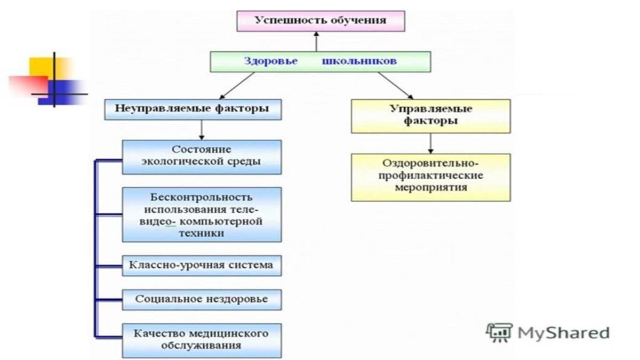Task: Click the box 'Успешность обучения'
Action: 321,21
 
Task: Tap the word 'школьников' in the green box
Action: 359,61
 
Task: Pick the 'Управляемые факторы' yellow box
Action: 430,115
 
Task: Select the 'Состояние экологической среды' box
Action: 202,156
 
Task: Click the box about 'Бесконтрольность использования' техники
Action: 202,214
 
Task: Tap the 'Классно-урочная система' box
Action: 202,265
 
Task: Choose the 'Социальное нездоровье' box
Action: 202,299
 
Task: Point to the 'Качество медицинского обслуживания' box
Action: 202,340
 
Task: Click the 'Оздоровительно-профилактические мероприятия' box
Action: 430,177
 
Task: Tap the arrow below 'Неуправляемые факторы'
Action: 201,130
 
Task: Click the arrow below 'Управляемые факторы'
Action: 430,142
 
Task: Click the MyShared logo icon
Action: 499,333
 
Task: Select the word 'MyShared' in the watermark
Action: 563,333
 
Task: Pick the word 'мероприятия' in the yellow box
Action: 430,188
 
